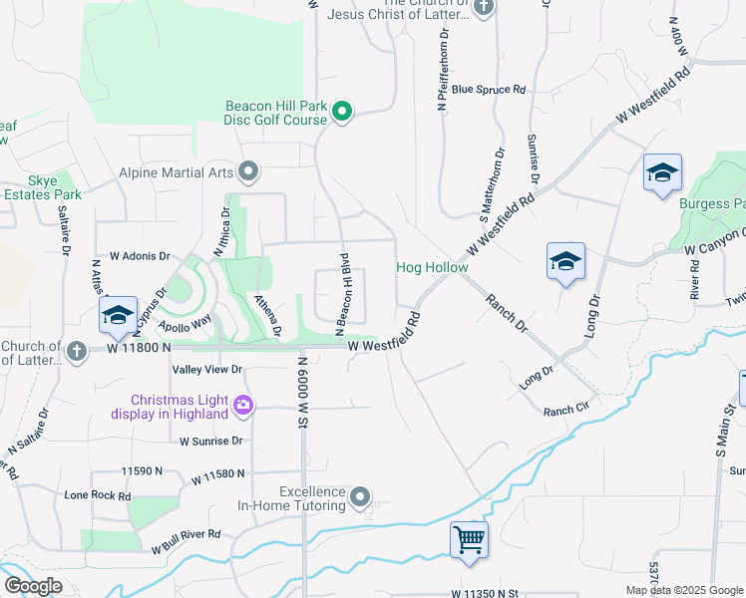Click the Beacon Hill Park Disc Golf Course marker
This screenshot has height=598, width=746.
pos(341,111)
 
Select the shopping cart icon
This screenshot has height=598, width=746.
pos(469,539)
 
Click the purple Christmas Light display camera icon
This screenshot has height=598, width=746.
pos(243,404)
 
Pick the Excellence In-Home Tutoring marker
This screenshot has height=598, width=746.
pos(361,496)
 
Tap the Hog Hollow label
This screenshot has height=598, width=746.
pos(432,267)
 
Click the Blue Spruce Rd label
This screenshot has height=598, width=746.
pos(489,90)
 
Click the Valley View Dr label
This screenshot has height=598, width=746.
pos(207,369)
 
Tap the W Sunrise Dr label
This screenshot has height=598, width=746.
pos(211,441)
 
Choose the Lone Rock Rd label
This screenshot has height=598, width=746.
pos(98,495)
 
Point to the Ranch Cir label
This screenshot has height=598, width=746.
pos(566,411)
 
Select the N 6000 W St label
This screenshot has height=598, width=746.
pos(300,389)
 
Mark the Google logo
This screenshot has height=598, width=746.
pos(33,586)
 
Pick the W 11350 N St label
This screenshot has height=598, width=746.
pos(486,593)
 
